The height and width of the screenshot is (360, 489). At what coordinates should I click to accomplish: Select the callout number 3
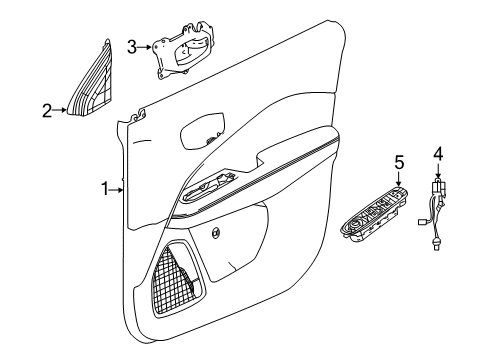pos(132,45)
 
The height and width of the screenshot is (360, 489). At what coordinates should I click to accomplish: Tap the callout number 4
pos(436,153)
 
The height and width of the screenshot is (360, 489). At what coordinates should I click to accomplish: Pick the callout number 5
pos(397,161)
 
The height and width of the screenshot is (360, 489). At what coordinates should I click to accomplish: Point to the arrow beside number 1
pos(119,187)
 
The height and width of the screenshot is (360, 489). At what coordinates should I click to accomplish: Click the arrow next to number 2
pos(62,111)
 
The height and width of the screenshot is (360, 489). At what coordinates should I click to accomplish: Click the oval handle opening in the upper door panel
pos(204,131)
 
